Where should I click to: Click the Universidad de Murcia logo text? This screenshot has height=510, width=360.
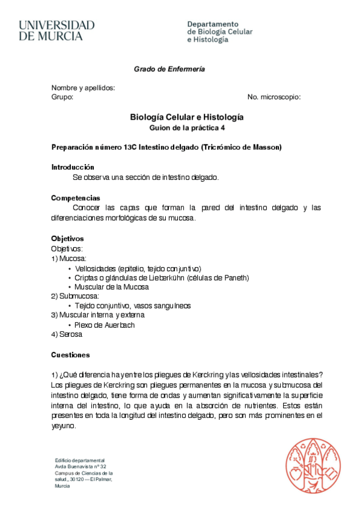56,30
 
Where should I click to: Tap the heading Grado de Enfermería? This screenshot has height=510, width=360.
169,69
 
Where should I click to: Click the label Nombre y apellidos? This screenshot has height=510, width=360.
83,88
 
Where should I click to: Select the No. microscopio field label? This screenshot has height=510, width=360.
274,97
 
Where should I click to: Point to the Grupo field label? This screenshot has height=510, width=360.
62,97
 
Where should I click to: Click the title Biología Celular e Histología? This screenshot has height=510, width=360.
186,117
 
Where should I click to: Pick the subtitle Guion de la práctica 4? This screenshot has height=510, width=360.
186,128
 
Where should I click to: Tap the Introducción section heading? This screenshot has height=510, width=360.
73,167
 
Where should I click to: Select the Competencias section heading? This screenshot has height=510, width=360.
76,198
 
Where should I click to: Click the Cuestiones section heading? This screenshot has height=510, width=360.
70,355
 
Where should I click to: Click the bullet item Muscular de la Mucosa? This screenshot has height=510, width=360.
112,287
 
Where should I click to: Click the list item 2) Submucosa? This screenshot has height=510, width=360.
75,296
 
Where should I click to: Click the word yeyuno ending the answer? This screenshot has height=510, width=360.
64,425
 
